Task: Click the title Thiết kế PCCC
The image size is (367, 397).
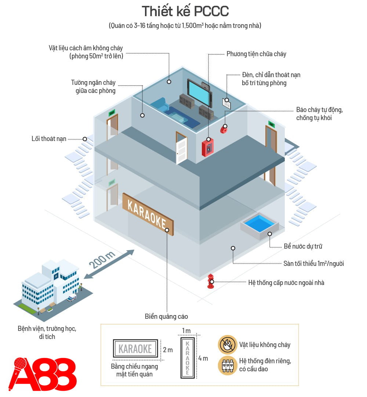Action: [x=185, y=11]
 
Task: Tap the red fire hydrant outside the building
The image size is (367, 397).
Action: [x=211, y=281]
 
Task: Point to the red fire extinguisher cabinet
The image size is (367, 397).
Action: [x=208, y=147]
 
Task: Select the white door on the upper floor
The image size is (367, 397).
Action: [x=181, y=148]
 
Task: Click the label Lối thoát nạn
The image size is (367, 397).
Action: [x=49, y=139]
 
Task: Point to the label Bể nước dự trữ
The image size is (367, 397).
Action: [x=303, y=246]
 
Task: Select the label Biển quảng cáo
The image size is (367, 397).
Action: [x=166, y=316]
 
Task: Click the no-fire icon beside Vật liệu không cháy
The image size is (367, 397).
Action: [x=228, y=344]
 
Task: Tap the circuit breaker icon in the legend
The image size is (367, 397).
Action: [x=228, y=365]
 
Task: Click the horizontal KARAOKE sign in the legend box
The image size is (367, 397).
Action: [x=135, y=349]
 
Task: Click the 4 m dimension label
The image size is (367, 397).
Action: [x=203, y=358]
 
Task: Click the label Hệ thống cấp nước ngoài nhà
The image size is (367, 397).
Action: [x=286, y=283]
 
